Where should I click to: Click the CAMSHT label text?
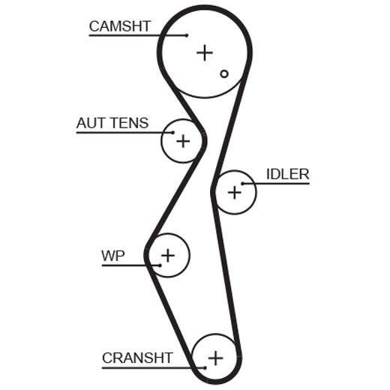click(x=120, y=26)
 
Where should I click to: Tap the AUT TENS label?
click(x=112, y=123)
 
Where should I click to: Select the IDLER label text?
click(x=288, y=174)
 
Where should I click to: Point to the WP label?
click(x=113, y=256)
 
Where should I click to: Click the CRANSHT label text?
click(x=137, y=358)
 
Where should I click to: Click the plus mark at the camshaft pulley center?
click(x=205, y=52)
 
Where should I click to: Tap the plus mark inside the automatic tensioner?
click(x=183, y=141)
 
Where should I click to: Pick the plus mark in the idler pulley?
click(x=235, y=193)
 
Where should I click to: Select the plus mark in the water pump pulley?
click(x=168, y=256)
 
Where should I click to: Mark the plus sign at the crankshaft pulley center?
click(x=215, y=358)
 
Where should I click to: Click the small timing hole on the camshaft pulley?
click(x=224, y=73)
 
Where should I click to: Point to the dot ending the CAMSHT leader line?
click(x=187, y=35)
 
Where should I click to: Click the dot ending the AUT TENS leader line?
click(x=173, y=133)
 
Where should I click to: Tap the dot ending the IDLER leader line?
click(x=242, y=184)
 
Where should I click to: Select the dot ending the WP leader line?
click(x=160, y=265)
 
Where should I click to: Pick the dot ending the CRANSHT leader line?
click(x=205, y=367)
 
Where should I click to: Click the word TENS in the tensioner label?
click(x=130, y=123)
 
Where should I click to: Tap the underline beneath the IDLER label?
click(x=276, y=184)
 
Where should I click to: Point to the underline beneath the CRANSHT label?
click(x=154, y=367)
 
